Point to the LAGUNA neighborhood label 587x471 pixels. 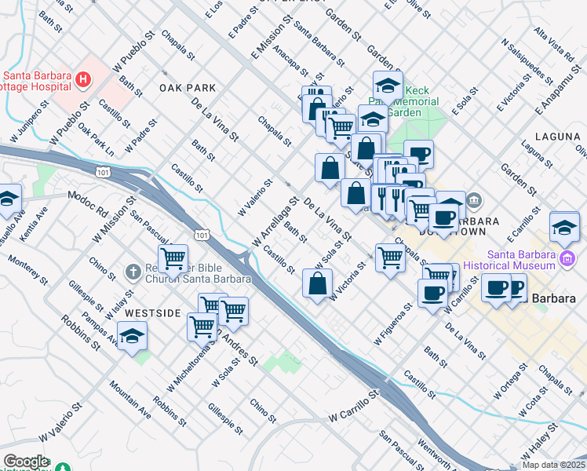click(556, 136)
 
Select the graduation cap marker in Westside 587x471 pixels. click(133, 338)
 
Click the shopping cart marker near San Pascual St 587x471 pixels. click(173, 257)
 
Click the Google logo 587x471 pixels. click(26, 462)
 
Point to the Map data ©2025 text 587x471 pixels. click(552, 465)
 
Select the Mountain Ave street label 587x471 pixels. click(129, 398)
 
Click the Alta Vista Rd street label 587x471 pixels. click(554, 46)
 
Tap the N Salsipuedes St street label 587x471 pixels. click(527, 60)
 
